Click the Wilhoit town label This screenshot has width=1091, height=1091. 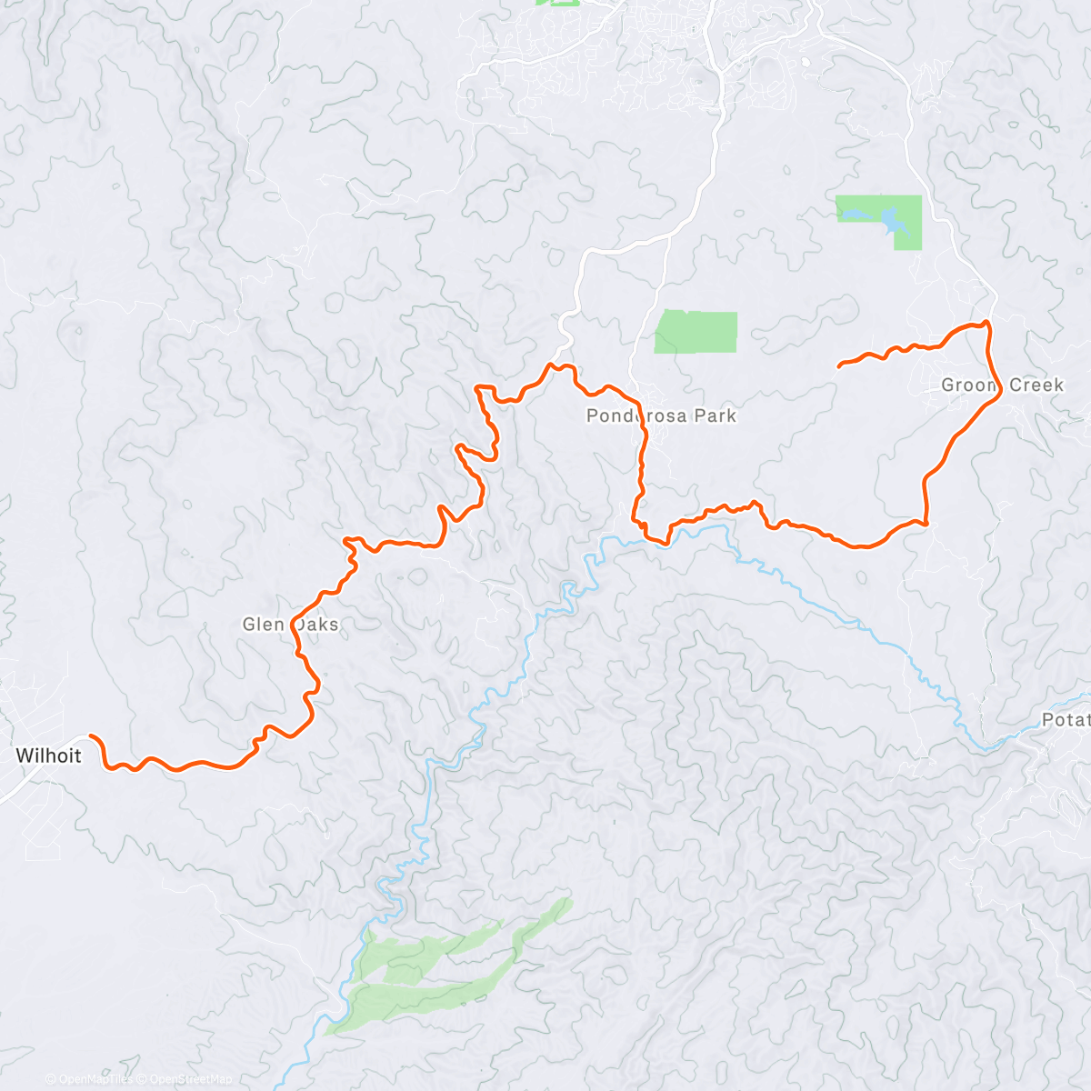[48, 756]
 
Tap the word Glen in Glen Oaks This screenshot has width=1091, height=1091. [264, 625]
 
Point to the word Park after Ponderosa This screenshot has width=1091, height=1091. [716, 416]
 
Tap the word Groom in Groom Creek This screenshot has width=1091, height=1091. [969, 385]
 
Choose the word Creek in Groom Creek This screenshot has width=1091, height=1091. [1036, 385]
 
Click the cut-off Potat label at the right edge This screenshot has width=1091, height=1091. [1066, 720]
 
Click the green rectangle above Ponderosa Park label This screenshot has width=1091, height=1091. [696, 331]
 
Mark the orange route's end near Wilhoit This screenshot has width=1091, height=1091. [90, 736]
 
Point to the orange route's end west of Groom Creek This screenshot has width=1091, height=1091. [838, 365]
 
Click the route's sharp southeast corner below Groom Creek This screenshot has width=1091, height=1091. [925, 524]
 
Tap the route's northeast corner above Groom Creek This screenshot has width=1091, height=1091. [987, 323]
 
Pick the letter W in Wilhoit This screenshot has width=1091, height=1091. [23, 756]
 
